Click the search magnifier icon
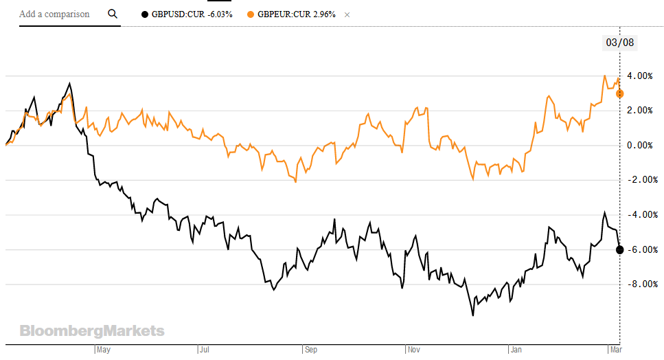pos(113,14)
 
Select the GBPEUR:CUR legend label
pos(296,14)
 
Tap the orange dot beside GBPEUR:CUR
pos(250,14)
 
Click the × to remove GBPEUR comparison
pos(347,14)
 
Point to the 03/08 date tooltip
pos(619,43)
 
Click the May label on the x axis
pos(103,350)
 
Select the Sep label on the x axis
pos(311,350)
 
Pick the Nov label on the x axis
pos(415,350)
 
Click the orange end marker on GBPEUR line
pos(619,93)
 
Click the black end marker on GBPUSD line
pos(619,249)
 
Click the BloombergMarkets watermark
pos(92,331)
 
